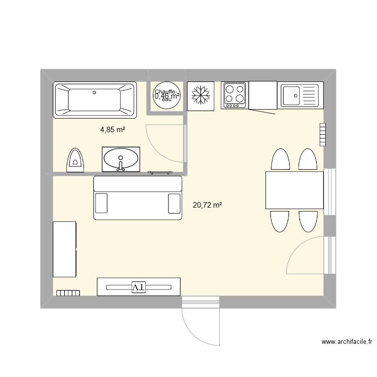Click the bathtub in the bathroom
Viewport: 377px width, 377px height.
point(95,100)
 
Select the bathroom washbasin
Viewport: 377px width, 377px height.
point(121,159)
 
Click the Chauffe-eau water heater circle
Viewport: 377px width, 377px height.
point(166,95)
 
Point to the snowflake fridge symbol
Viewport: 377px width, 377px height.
point(202,95)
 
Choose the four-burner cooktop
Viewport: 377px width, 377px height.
point(235,95)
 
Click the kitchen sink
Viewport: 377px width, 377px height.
point(300,95)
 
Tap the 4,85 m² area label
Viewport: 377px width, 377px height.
point(113,130)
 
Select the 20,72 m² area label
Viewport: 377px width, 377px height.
point(207,205)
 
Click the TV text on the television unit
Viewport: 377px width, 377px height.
point(138,287)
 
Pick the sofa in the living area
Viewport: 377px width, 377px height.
point(137,197)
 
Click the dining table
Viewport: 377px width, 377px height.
point(294,190)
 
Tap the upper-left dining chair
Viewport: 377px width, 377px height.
point(280,160)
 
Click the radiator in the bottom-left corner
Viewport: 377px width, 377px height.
point(67,292)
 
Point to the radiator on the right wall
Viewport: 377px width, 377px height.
point(322,134)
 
